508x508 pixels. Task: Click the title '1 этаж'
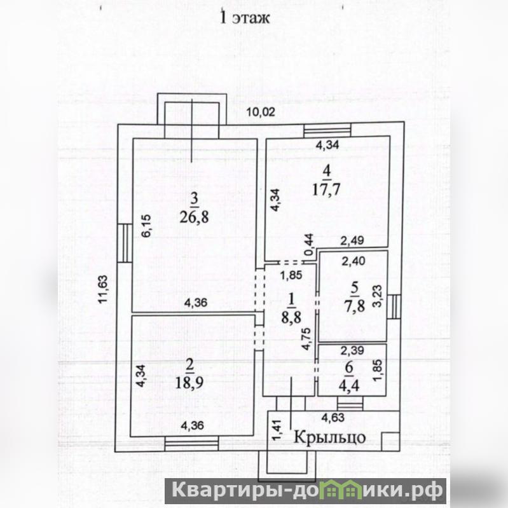point(245,18)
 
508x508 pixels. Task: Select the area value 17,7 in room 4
point(327,189)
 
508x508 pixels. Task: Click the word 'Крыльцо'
point(328,437)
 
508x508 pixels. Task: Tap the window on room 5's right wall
point(394,308)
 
